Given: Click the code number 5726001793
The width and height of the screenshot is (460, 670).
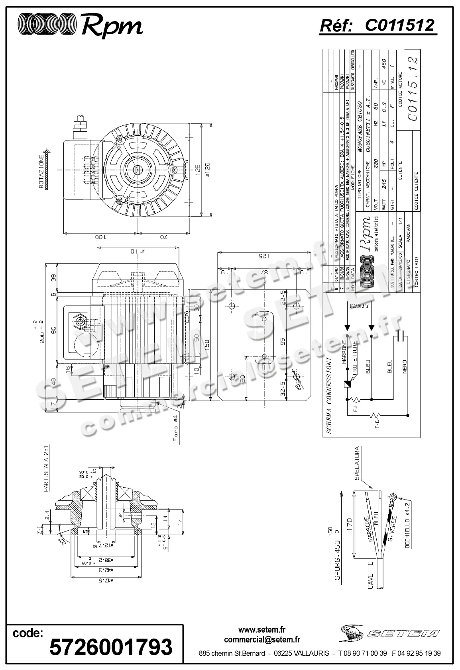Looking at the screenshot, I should [111, 647].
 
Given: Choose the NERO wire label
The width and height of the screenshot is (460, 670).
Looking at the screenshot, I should [405, 366].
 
